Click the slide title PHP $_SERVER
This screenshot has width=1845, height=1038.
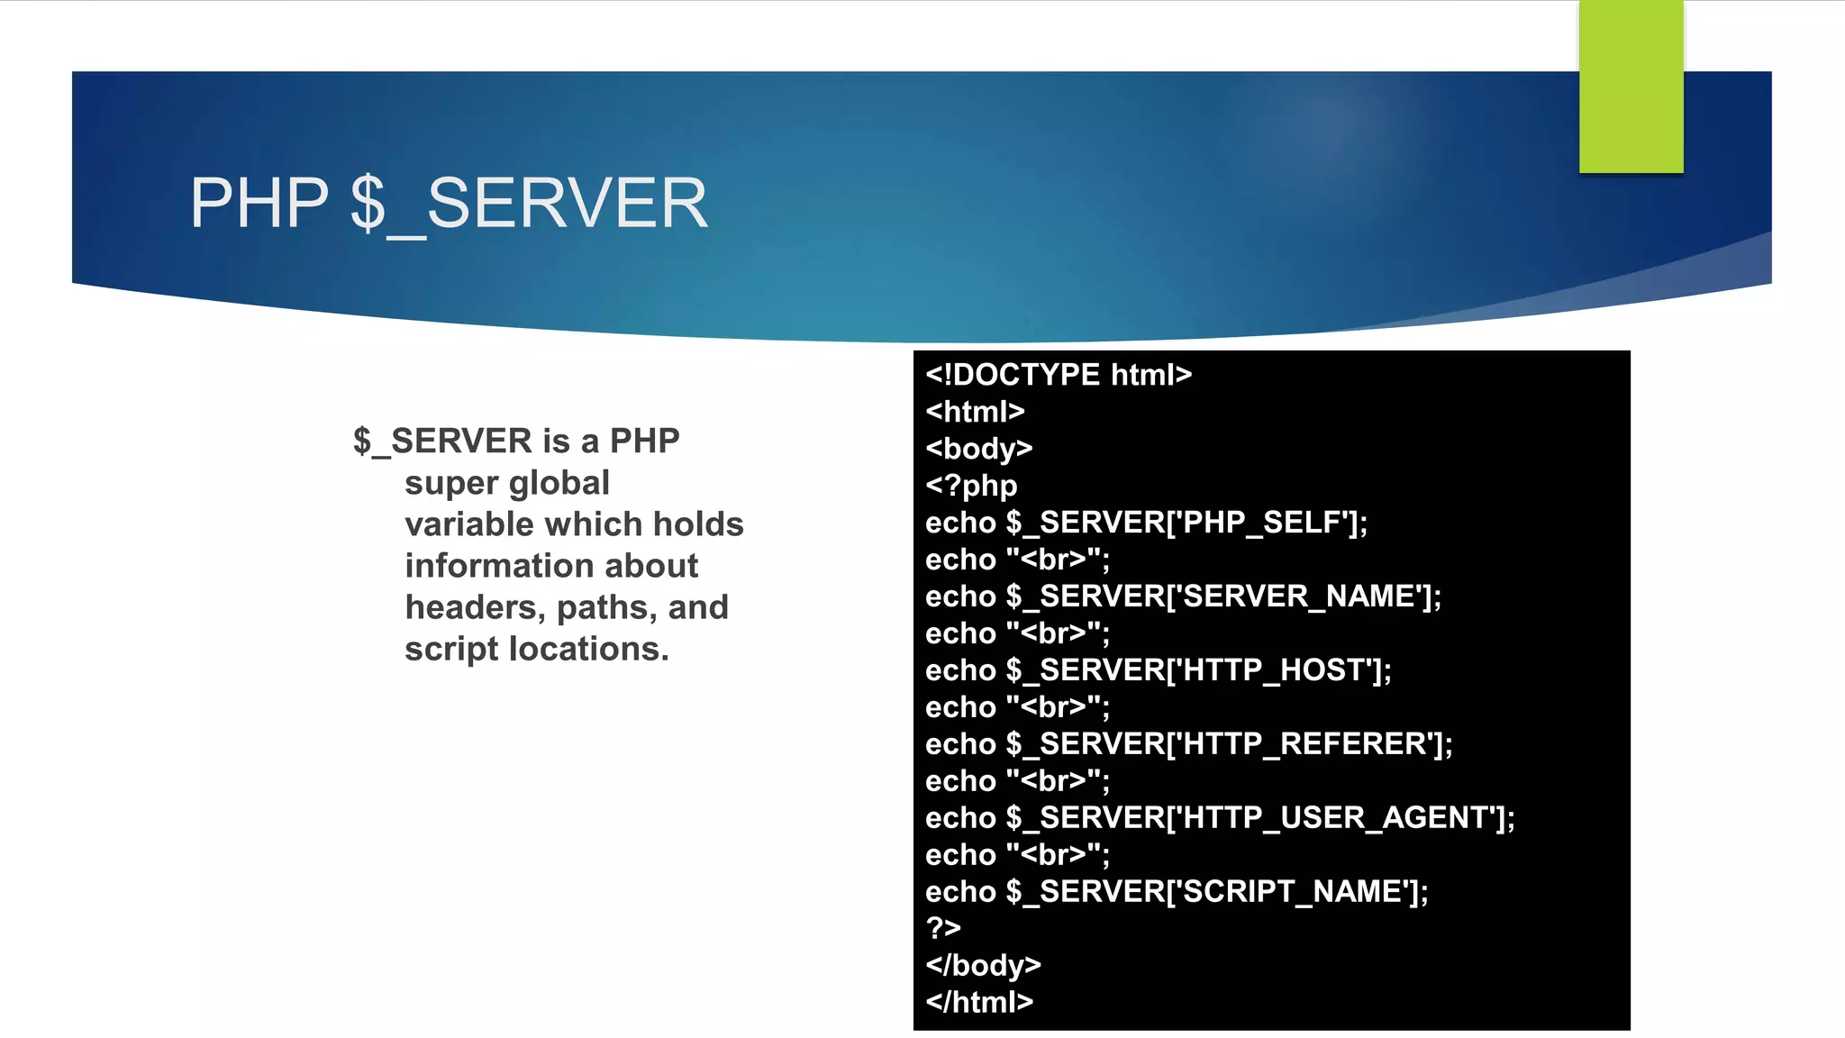[x=449, y=204]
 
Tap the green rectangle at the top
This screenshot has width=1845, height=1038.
[x=1631, y=86]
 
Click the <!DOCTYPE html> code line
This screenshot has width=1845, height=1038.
[x=1059, y=375]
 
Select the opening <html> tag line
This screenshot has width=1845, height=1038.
[x=975, y=412]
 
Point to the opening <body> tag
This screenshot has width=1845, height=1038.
[x=978, y=449]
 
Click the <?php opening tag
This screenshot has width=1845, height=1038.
[x=971, y=486]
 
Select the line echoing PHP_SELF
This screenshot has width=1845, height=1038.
[x=1146, y=523]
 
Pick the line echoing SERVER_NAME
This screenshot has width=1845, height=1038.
[x=1183, y=596]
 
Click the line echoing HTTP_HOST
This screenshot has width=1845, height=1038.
[x=1158, y=670]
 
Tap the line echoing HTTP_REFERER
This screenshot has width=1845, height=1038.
[x=1188, y=744]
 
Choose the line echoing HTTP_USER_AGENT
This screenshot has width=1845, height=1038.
[x=1220, y=818]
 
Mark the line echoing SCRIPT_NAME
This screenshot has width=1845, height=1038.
[x=1177, y=892]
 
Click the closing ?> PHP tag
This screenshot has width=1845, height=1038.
[x=943, y=928]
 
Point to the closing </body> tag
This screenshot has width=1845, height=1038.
[x=983, y=965]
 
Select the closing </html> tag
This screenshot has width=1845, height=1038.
[x=979, y=1002]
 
